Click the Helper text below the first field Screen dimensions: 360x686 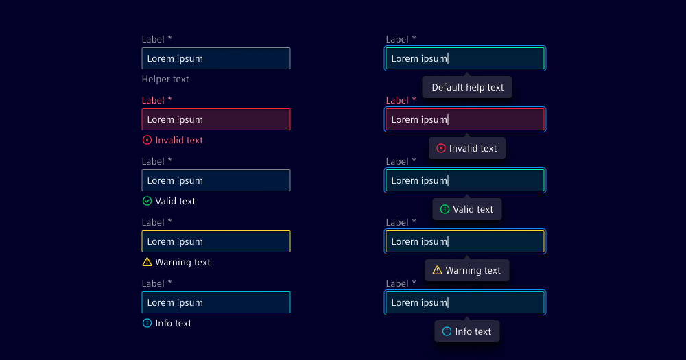165,80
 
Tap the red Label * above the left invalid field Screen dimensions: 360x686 156,101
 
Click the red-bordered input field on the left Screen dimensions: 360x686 215,119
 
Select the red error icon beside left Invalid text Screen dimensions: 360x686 147,140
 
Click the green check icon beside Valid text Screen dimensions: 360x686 147,201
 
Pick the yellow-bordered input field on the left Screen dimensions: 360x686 215,241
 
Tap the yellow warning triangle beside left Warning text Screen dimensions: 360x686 147,262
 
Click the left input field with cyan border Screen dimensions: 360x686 215,302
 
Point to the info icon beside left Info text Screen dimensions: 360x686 147,323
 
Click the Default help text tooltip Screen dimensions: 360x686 467,88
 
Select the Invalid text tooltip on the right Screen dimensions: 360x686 467,149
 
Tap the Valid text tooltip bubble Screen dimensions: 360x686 467,210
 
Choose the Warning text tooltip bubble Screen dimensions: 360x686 467,271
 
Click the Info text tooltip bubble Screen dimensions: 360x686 467,332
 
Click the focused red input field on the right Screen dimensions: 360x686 465,119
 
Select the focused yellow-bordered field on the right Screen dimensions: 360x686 465,241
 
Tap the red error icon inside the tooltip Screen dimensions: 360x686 441,148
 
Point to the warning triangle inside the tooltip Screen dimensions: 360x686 437,270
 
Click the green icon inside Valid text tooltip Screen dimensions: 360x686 445,209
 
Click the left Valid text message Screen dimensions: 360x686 175,201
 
